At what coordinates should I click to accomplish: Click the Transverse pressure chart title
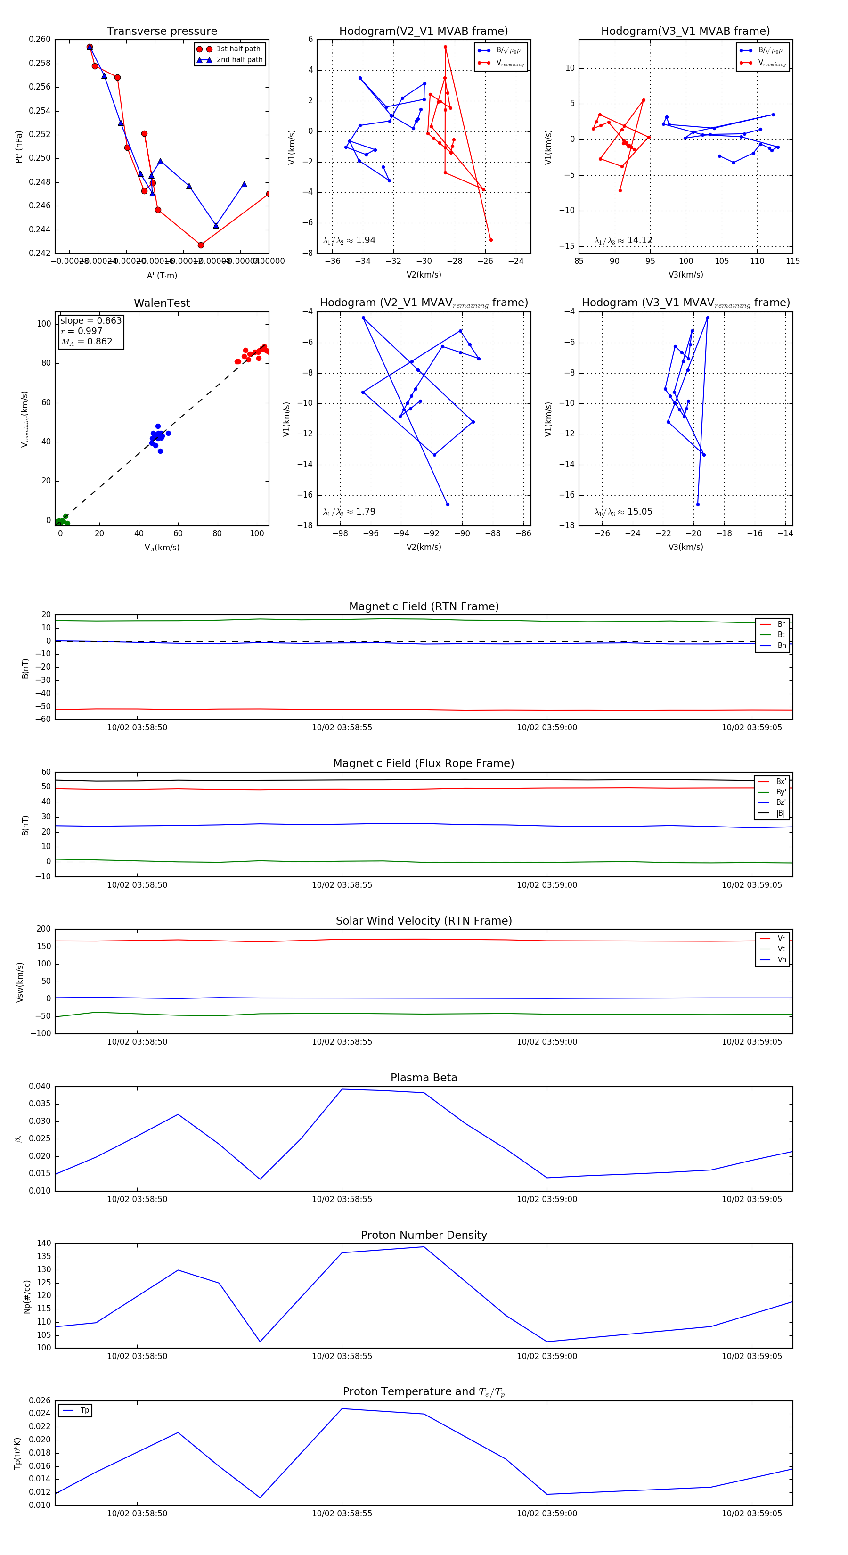click(162, 32)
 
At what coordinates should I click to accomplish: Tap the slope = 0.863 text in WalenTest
click(90, 320)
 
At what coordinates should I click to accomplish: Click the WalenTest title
click(162, 303)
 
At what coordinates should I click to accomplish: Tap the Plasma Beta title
click(424, 1078)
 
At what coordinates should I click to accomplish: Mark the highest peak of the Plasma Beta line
click(342, 1089)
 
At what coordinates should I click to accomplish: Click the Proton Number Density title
click(424, 1235)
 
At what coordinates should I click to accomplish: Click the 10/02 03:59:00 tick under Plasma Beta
click(547, 1199)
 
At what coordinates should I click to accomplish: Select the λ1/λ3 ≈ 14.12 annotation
click(623, 240)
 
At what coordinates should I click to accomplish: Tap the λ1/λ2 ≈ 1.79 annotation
click(349, 512)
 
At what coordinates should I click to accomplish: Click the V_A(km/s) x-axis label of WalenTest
click(162, 548)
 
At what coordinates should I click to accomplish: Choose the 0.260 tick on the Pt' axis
click(40, 39)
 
